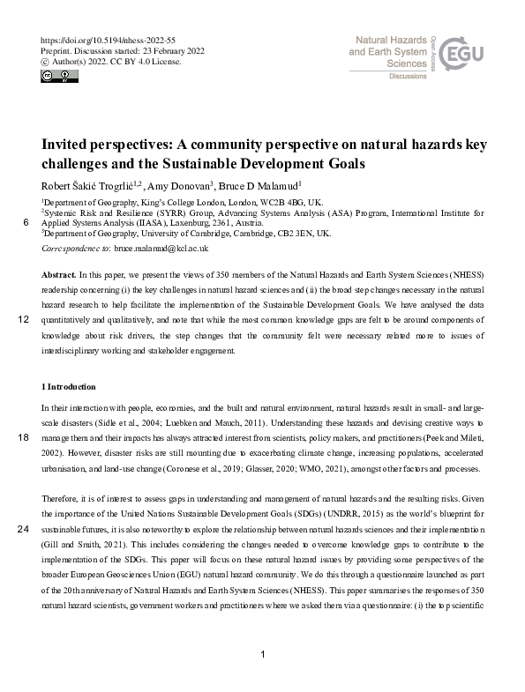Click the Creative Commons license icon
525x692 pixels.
click(56, 77)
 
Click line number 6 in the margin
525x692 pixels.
click(24, 224)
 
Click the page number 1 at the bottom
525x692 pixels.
click(263, 654)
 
